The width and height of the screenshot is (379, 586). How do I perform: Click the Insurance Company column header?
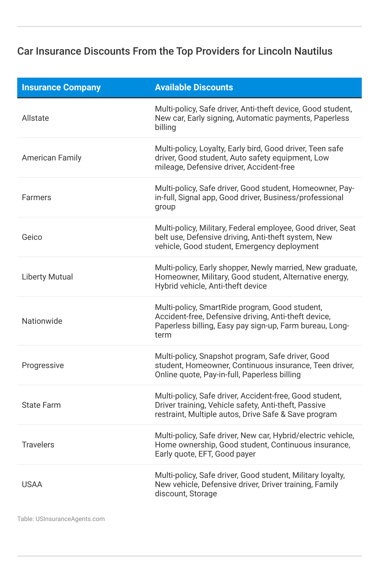[x=61, y=87]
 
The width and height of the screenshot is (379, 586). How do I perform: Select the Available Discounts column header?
[x=194, y=87]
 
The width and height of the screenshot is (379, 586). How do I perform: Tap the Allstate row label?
[x=35, y=118]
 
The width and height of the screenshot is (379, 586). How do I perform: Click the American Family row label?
[x=52, y=158]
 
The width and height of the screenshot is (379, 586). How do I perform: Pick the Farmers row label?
[x=36, y=198]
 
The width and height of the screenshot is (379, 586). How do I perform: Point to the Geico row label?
[x=32, y=237]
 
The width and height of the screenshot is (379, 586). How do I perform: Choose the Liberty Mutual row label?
[x=47, y=277]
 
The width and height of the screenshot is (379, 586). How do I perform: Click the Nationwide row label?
[x=42, y=321]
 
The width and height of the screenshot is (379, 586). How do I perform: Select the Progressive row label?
[x=43, y=365]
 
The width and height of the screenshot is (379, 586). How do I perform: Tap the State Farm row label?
[x=41, y=405]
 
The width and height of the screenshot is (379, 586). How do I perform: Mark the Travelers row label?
[x=38, y=445]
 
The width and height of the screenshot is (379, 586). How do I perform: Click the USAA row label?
[x=32, y=484]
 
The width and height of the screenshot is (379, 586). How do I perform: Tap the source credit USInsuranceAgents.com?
[x=70, y=519]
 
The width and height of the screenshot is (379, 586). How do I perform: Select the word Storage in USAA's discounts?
[x=203, y=494]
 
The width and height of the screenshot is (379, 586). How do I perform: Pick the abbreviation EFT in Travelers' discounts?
[x=205, y=454]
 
